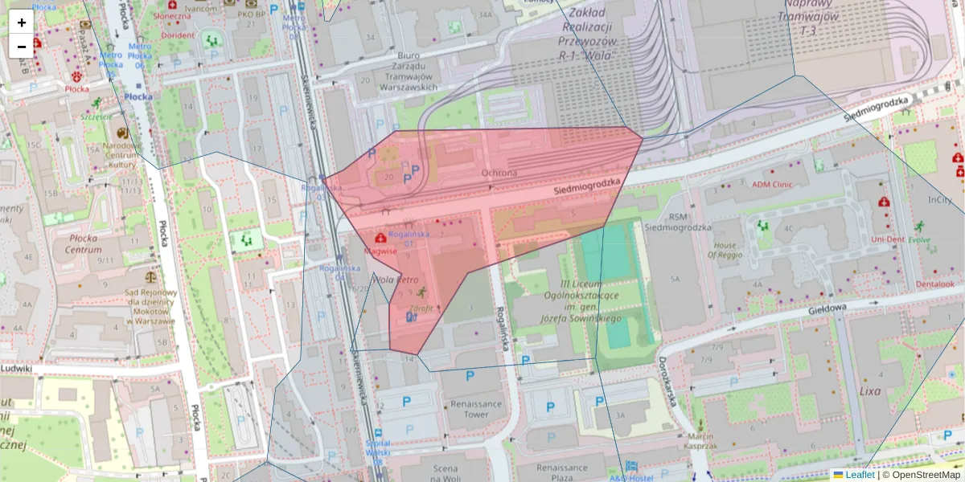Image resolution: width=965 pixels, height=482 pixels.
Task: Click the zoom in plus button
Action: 22,22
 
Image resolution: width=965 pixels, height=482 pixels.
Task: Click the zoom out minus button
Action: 22,47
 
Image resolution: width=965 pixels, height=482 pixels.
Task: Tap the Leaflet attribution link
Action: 859,475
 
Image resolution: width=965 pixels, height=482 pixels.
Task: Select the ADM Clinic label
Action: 772,184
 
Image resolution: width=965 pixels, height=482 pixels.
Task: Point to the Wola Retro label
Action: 396,280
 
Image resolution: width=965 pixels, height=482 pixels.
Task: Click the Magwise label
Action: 380,251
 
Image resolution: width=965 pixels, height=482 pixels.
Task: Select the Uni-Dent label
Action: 887,239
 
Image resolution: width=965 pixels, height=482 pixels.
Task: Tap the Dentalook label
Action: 935,284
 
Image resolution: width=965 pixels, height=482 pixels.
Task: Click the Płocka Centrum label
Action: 83,243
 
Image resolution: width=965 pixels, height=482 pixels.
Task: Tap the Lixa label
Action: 870,391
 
